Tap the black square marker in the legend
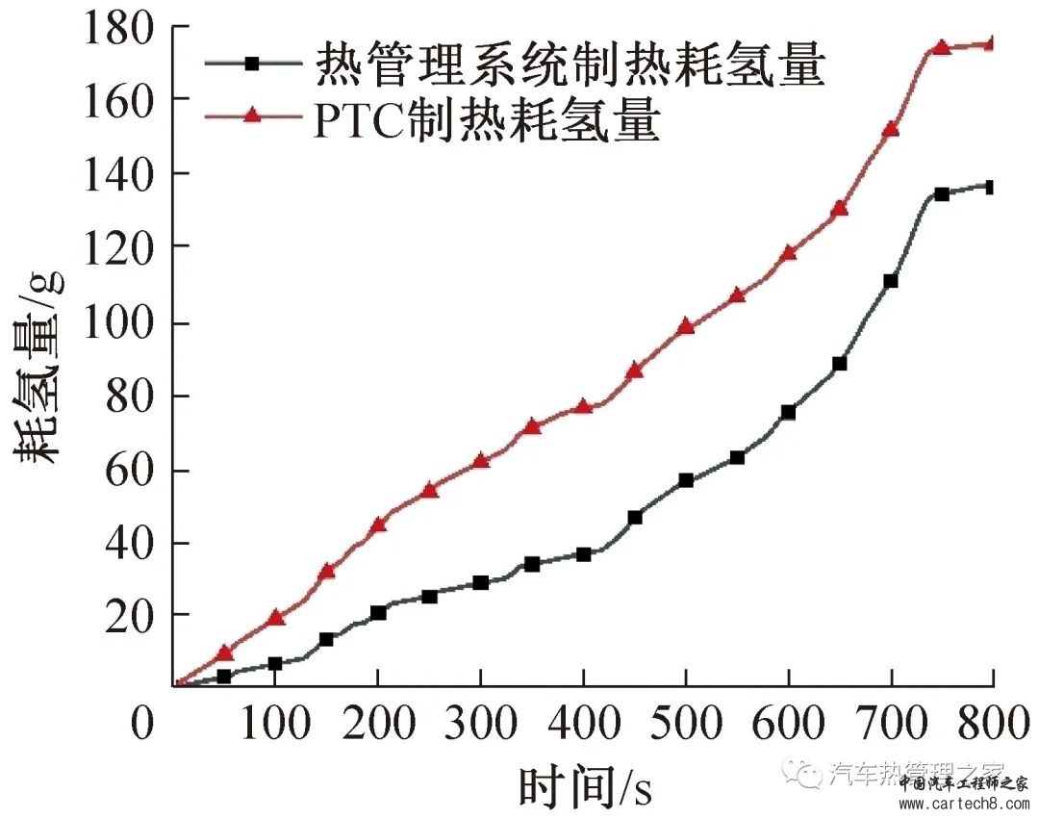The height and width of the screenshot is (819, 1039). [252, 64]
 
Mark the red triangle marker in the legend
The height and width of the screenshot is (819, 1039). [252, 116]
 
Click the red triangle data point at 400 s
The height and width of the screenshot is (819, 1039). [583, 406]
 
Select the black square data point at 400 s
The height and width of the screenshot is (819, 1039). [583, 554]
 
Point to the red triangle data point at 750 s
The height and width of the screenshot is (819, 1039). [942, 47]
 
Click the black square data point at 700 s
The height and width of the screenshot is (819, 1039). [891, 281]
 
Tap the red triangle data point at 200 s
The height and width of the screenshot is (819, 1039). [378, 525]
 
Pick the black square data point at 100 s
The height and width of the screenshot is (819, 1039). [275, 664]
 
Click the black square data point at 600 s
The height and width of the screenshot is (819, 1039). [789, 412]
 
